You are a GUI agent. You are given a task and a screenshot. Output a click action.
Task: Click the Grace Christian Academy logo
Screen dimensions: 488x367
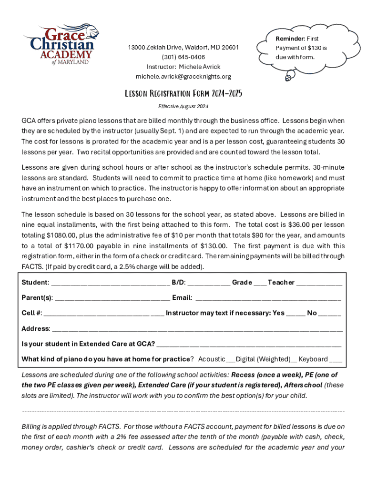(61, 44)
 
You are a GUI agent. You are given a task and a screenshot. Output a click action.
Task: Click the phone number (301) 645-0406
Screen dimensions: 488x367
(183, 57)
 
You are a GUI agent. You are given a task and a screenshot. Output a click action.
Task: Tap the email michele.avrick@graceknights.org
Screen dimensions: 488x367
(183, 77)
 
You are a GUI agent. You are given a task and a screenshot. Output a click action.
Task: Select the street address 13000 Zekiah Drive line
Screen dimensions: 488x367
(183, 48)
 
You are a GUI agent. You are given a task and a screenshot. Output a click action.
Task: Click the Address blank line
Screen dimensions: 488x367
(197, 330)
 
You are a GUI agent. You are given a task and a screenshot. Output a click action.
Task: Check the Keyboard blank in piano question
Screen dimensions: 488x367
(336, 360)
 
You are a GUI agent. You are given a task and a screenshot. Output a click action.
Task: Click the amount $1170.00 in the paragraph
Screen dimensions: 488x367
(80, 246)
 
